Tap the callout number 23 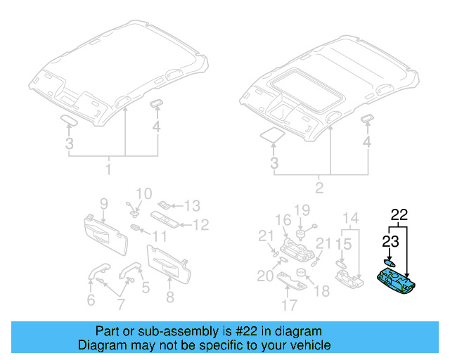(x=390, y=242)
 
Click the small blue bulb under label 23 (x=389, y=260)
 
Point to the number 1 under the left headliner (x=108, y=170)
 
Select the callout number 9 (x=103, y=204)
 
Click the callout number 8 (x=169, y=297)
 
